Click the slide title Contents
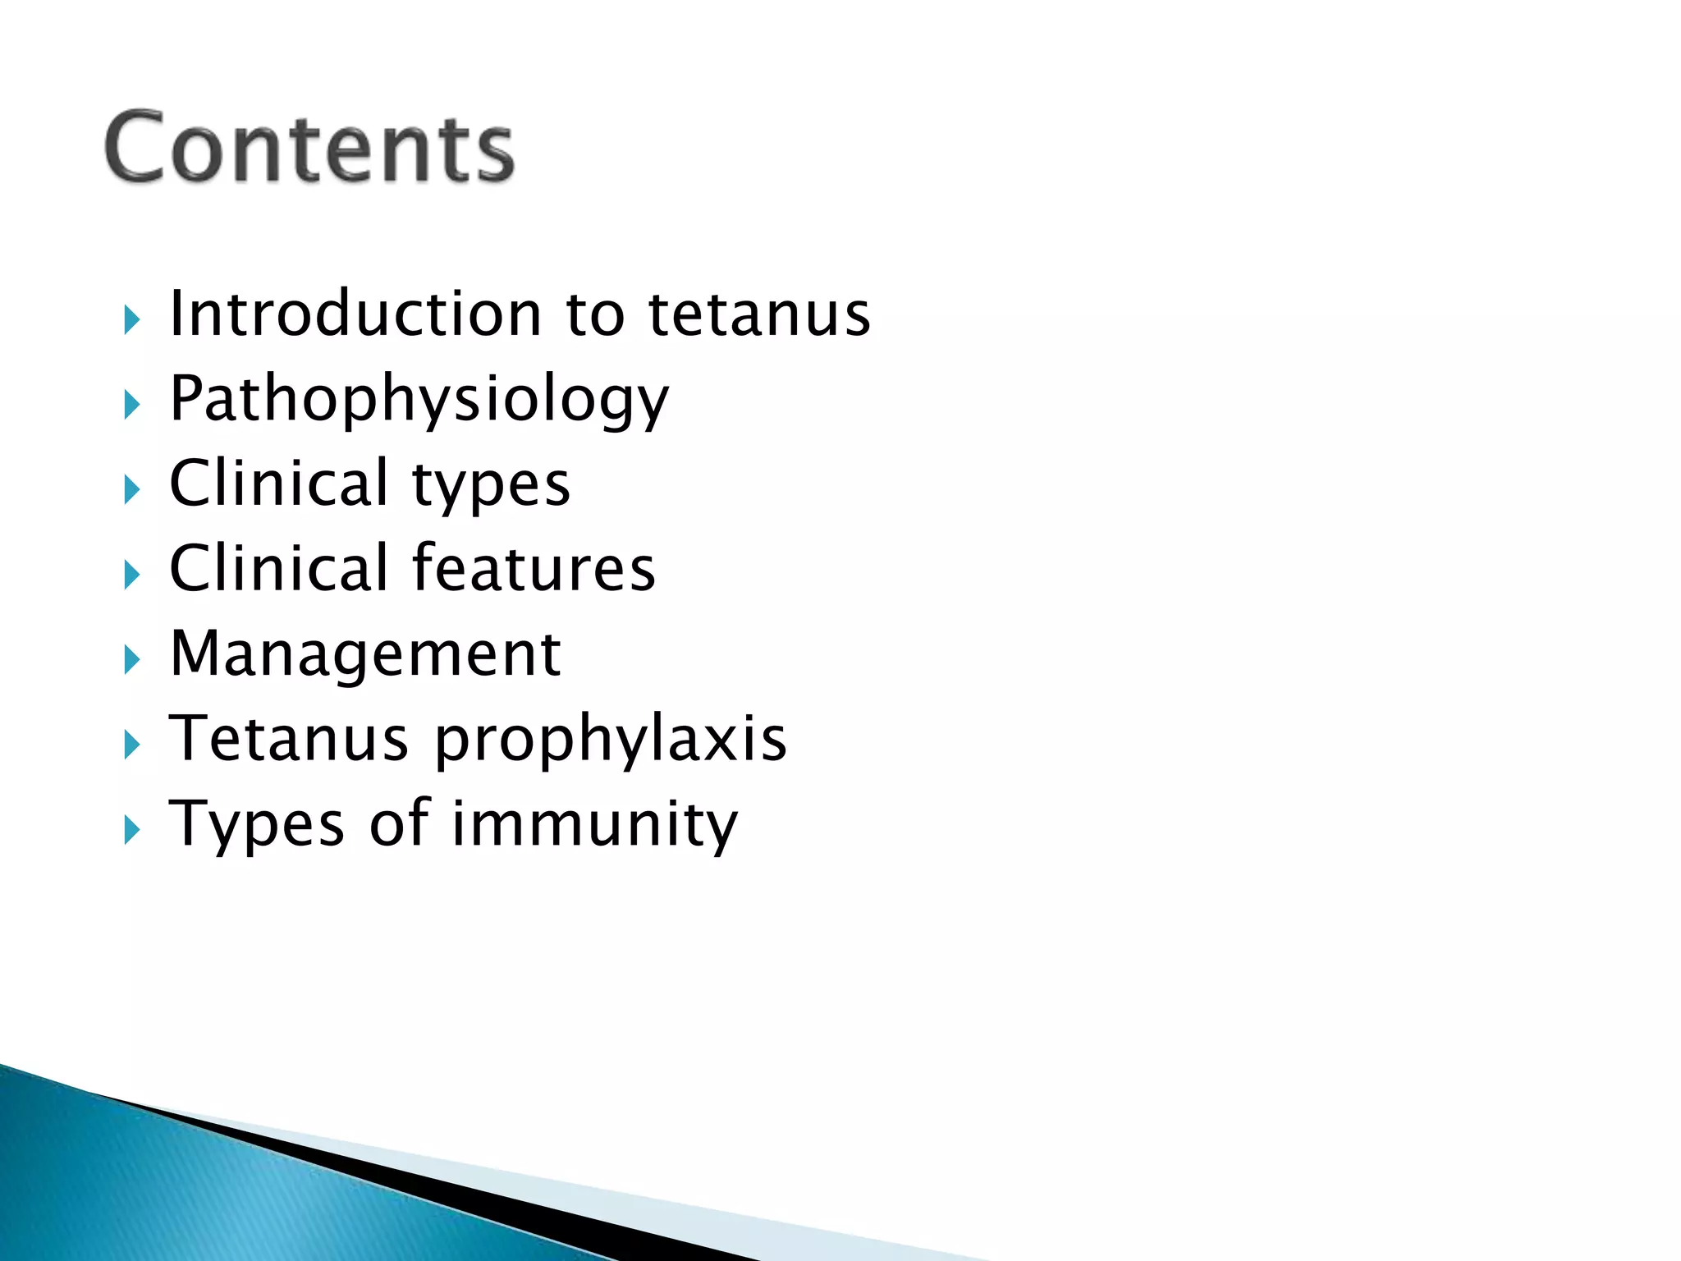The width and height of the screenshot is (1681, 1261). [x=309, y=148]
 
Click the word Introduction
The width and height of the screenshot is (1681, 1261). [x=355, y=314]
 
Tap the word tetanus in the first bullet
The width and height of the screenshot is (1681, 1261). [x=759, y=314]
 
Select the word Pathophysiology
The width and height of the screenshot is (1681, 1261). [x=419, y=400]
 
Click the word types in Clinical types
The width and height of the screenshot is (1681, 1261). [x=491, y=485]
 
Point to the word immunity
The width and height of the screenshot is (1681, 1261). [x=595, y=824]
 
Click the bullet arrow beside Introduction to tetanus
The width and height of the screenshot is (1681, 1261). [x=132, y=319]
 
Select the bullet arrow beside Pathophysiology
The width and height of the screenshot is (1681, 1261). [x=132, y=405]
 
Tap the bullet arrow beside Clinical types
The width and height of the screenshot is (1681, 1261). [x=132, y=490]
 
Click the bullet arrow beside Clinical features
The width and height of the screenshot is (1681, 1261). [x=132, y=575]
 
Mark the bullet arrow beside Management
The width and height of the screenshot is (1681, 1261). [x=132, y=660]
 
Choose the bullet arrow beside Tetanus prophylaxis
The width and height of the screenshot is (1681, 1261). [x=132, y=745]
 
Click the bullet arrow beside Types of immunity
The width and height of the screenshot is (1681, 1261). [x=132, y=831]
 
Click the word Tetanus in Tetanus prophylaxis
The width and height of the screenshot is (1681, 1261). [x=288, y=738]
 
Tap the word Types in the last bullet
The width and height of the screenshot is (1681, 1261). [x=256, y=824]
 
